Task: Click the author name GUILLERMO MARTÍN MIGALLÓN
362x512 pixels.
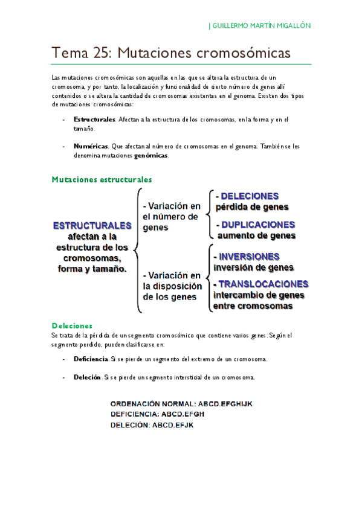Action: pos(261,26)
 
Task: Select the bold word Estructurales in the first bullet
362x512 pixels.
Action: pos(94,120)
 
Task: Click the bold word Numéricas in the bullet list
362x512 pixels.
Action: pos(91,146)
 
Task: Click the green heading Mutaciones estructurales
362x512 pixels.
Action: pos(102,179)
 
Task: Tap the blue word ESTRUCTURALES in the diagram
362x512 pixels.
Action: pos(92,225)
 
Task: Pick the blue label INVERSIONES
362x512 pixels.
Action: pos(249,256)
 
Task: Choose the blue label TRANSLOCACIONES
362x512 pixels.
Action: pos(263,284)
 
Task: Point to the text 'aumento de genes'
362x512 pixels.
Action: pos(257,235)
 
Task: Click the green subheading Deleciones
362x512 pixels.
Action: pos(72,325)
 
